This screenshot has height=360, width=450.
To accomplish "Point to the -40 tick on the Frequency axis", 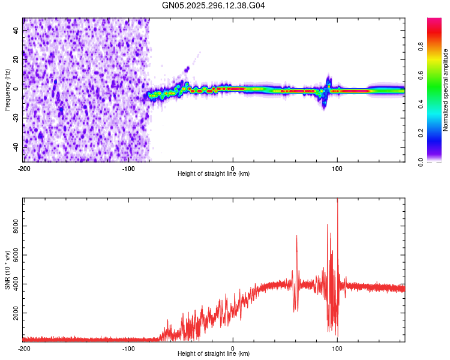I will coord(16,147).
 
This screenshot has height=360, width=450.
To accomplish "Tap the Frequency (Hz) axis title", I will coord(7,90).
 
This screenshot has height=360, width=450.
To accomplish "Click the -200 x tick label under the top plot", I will coord(24,167).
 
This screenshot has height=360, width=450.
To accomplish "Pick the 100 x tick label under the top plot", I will coord(337,167).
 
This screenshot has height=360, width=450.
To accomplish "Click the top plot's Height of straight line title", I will coord(214,173).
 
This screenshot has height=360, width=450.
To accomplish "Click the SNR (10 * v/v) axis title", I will coord(7,269).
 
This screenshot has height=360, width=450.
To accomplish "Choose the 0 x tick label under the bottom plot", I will coord(233,347).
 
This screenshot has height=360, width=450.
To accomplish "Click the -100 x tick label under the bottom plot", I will coord(128,347).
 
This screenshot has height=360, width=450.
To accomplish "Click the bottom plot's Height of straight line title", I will coord(214,353).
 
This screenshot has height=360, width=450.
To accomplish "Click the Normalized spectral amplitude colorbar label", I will coord(446,90).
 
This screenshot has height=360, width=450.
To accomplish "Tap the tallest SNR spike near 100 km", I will coord(337,200).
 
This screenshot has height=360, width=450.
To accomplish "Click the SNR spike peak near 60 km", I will coord(296,236).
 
